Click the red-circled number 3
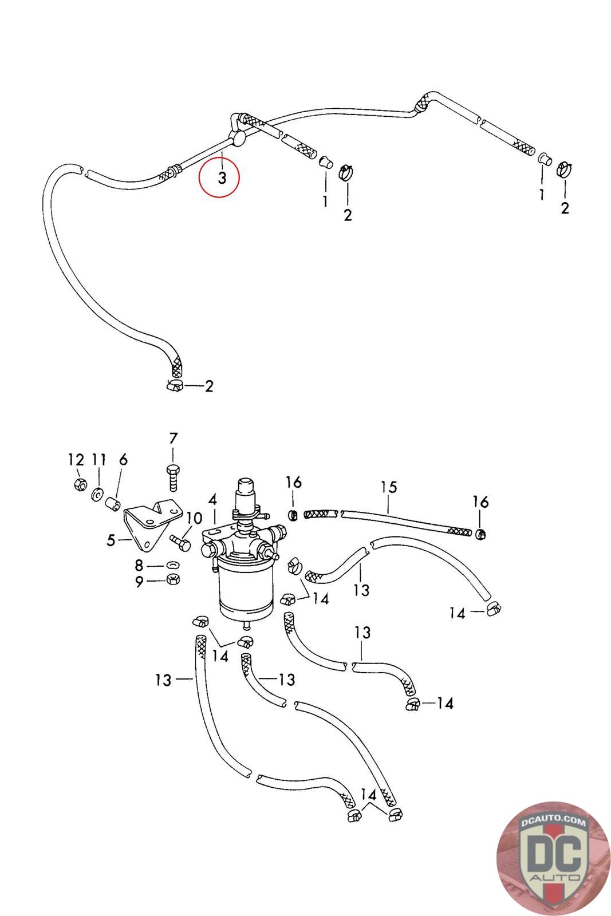coord(222,178)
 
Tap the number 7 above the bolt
coord(174,439)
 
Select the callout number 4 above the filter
coord(212,500)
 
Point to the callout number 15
coord(389,487)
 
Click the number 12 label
coord(76,460)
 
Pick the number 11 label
coord(98,460)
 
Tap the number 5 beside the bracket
coord(111,540)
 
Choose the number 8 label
coord(139,566)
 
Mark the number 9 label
coord(139,581)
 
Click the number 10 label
coord(194,519)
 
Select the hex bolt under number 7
coord(174,477)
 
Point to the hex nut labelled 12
coord(80,484)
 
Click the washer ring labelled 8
coord(173,565)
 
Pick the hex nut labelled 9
coord(174,579)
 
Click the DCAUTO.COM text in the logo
coord(553,822)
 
